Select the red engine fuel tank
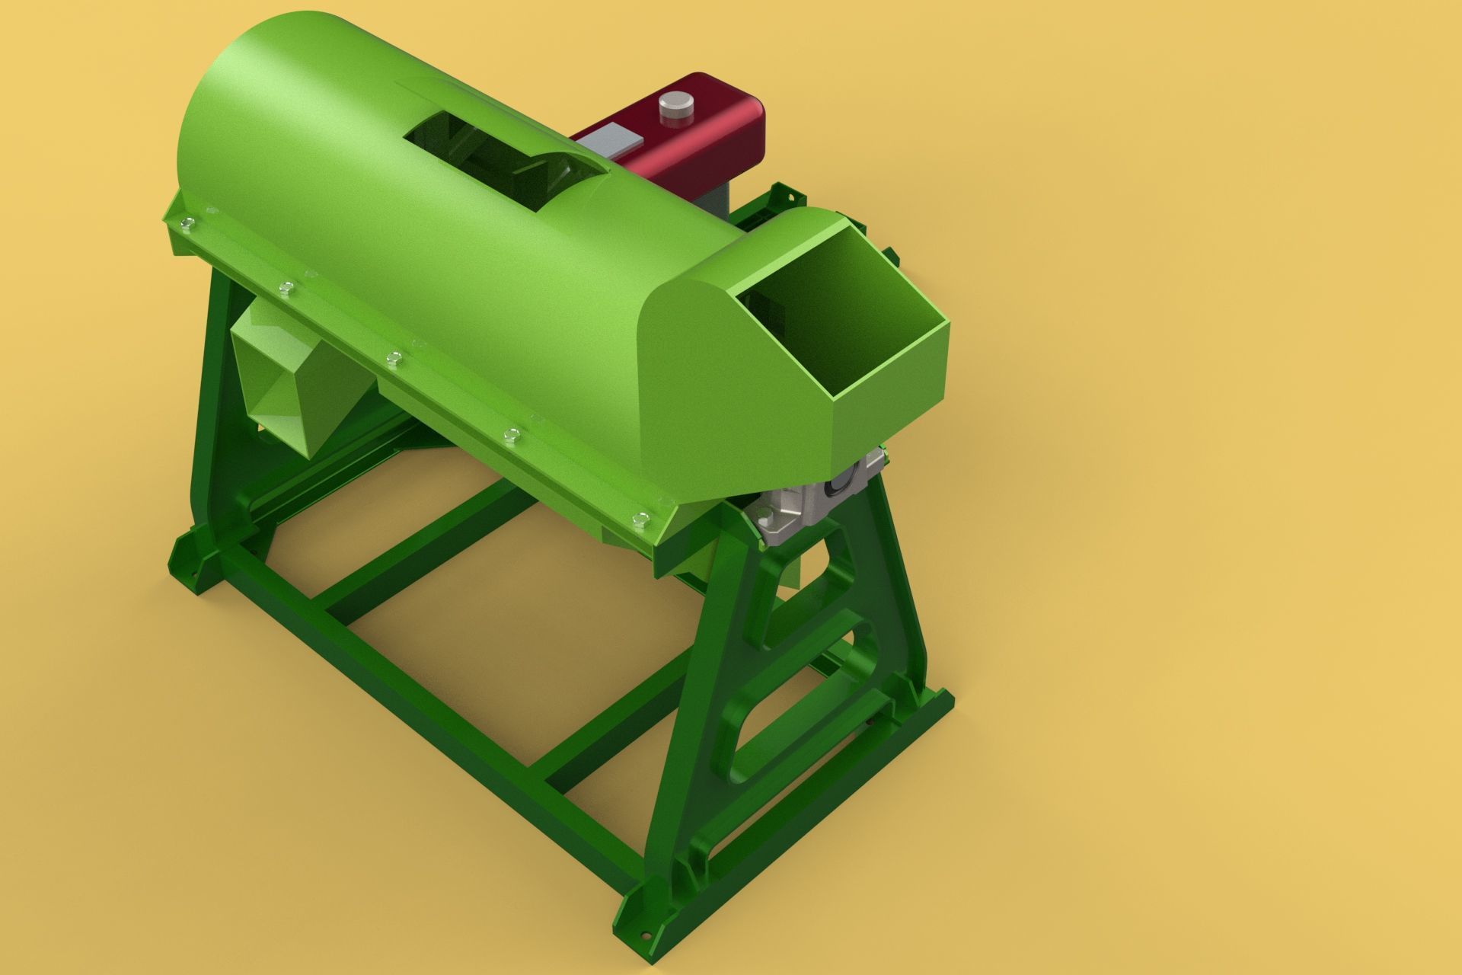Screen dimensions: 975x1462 (x=708, y=133)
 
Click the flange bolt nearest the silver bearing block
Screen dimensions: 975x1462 (x=639, y=519)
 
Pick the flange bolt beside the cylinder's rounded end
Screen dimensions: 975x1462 (x=187, y=223)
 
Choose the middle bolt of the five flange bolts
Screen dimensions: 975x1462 (x=393, y=357)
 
